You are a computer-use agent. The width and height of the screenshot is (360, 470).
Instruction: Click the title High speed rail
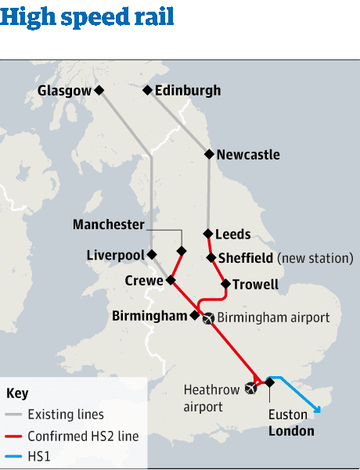click(88, 16)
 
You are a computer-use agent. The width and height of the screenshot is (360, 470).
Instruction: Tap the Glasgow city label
click(64, 91)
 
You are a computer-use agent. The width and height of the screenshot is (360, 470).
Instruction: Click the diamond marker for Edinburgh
click(146, 91)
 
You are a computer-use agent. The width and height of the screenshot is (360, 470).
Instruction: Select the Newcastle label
click(248, 155)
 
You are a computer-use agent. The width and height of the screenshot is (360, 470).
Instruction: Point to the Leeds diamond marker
click(208, 234)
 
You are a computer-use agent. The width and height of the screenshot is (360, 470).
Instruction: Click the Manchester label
click(109, 225)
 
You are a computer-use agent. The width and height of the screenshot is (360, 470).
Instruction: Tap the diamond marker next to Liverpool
click(152, 255)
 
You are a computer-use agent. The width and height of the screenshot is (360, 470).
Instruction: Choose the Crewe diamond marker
click(170, 280)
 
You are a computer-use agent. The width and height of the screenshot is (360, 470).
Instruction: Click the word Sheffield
click(246, 258)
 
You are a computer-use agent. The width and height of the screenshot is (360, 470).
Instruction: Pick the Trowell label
click(256, 285)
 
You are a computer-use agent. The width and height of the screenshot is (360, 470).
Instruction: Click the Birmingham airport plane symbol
click(207, 318)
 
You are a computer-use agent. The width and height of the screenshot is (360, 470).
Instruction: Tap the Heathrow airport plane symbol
click(250, 387)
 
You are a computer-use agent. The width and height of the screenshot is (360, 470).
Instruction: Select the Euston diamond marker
click(270, 382)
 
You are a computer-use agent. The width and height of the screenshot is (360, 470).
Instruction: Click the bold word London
click(291, 431)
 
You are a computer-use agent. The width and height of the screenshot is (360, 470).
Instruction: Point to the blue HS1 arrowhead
click(317, 408)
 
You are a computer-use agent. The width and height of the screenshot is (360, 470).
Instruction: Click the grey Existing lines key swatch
click(13, 414)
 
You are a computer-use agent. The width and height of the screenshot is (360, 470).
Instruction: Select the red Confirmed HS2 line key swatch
click(13, 436)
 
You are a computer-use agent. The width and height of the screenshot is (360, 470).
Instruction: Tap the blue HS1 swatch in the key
click(13, 457)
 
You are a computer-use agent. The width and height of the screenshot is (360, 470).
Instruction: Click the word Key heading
click(17, 393)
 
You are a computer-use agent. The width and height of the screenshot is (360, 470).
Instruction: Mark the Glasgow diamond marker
click(99, 91)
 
